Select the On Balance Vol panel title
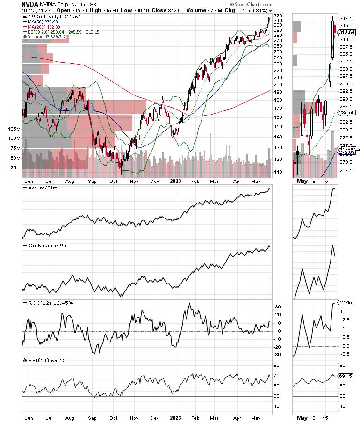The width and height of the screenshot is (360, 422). click(45, 245)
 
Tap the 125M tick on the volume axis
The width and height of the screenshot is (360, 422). click(15, 129)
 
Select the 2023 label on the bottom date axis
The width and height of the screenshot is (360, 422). click(176, 415)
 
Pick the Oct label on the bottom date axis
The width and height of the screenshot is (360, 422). click(113, 415)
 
